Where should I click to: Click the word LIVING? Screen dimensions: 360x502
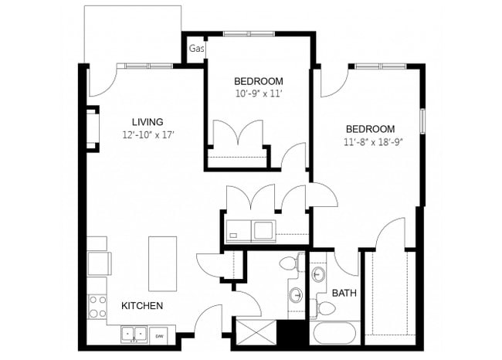(147, 122)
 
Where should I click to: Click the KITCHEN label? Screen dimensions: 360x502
(142, 306)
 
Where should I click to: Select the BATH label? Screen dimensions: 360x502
(344, 294)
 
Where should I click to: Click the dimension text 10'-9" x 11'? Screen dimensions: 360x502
(259, 93)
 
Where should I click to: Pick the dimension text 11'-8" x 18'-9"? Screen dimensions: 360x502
(374, 141)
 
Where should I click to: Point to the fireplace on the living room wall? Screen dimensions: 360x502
(93, 128)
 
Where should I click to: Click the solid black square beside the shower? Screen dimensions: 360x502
(292, 334)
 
